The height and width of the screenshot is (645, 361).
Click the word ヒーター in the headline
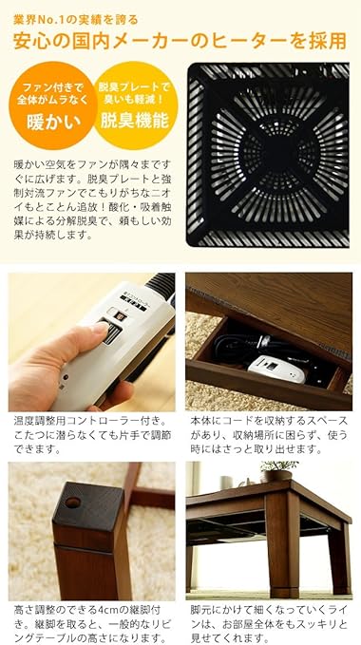click(254, 40)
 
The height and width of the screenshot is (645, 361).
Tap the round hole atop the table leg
click(73, 501)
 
